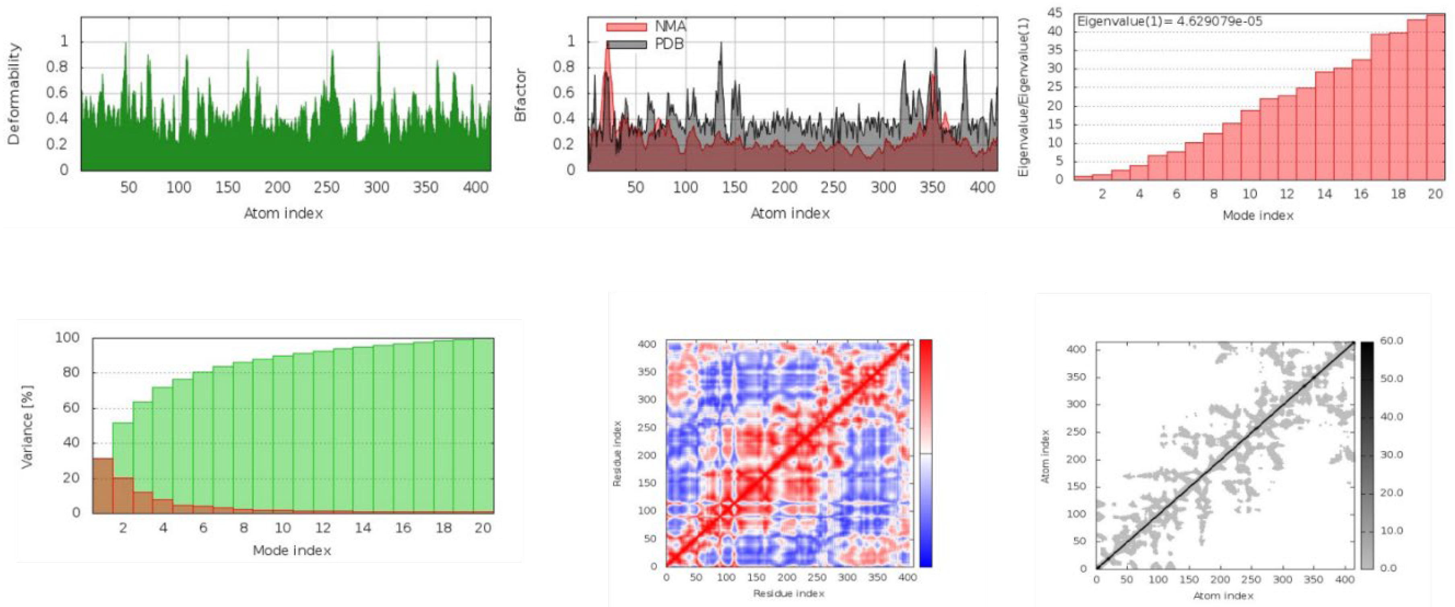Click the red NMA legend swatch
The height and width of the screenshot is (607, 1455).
(626, 27)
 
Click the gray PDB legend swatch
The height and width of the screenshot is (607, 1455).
(626, 44)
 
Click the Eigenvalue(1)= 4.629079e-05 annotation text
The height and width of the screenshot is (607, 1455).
(1170, 22)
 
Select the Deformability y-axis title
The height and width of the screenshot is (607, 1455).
(14, 94)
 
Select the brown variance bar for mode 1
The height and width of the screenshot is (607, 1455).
(103, 485)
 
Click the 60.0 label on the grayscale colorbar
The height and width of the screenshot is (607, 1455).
(1391, 341)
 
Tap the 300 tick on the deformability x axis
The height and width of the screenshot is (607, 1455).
(376, 188)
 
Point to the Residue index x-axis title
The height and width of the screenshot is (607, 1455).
(788, 593)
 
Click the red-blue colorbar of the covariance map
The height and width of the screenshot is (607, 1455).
(925, 453)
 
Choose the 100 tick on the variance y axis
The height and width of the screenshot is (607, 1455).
(67, 338)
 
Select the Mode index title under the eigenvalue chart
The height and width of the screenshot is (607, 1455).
(1258, 215)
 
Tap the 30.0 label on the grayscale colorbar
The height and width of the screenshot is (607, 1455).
(1391, 454)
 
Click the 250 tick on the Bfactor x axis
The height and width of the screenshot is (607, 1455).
(833, 188)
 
